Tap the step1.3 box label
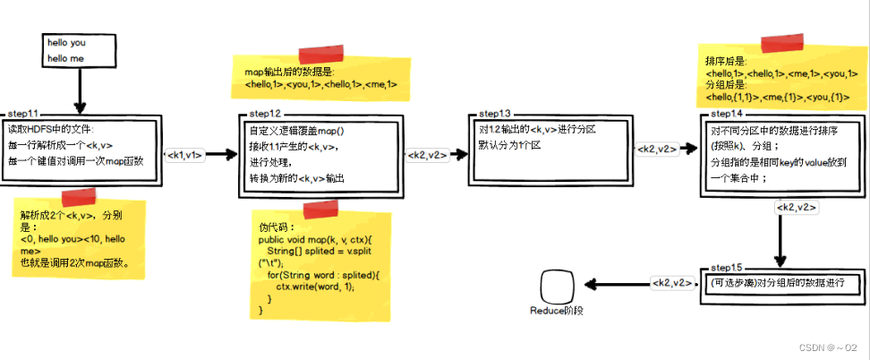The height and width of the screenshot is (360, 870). click(495, 115)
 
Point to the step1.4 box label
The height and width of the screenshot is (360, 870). click(726, 115)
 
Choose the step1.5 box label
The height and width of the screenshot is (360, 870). click(726, 269)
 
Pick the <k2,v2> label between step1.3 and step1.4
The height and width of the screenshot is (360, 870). click(658, 149)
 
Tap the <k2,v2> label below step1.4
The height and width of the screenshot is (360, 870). click(797, 208)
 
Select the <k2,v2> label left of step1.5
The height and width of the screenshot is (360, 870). click(671, 283)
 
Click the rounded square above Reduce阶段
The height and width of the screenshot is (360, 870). click(556, 287)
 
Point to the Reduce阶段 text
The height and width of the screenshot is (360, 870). click(556, 311)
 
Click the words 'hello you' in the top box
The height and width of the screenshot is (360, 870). click(68, 42)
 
